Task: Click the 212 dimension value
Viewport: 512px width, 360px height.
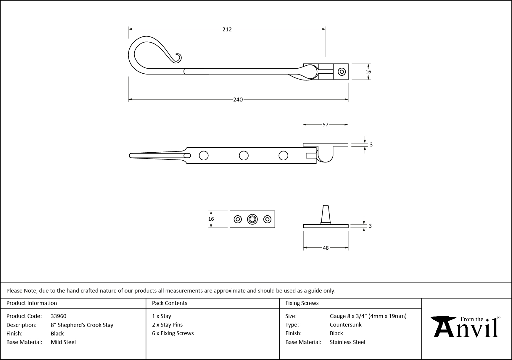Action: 227,29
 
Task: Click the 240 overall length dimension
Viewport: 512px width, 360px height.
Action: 238,100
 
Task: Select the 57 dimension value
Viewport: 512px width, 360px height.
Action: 325,125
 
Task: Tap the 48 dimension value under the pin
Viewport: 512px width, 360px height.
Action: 326,248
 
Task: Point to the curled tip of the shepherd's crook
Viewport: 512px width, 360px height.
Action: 178,58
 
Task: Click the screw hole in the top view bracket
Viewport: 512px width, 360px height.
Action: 342,72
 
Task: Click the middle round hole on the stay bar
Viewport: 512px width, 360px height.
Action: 244,155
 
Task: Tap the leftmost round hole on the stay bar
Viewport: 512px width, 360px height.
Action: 204,155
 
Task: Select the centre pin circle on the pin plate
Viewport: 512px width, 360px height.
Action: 252,219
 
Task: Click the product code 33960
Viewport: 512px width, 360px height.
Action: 59,316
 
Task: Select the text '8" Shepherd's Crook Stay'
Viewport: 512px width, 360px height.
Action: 82,325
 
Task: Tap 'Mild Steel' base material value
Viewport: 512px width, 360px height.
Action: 63,342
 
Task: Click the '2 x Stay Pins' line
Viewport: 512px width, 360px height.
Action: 167,325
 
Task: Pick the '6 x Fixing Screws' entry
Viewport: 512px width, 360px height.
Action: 173,333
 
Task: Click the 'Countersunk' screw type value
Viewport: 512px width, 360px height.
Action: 345,325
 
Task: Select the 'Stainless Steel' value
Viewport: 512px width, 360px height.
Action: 347,342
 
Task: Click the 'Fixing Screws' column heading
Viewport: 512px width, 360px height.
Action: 302,303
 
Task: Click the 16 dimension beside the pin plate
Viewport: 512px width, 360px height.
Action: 211,219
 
